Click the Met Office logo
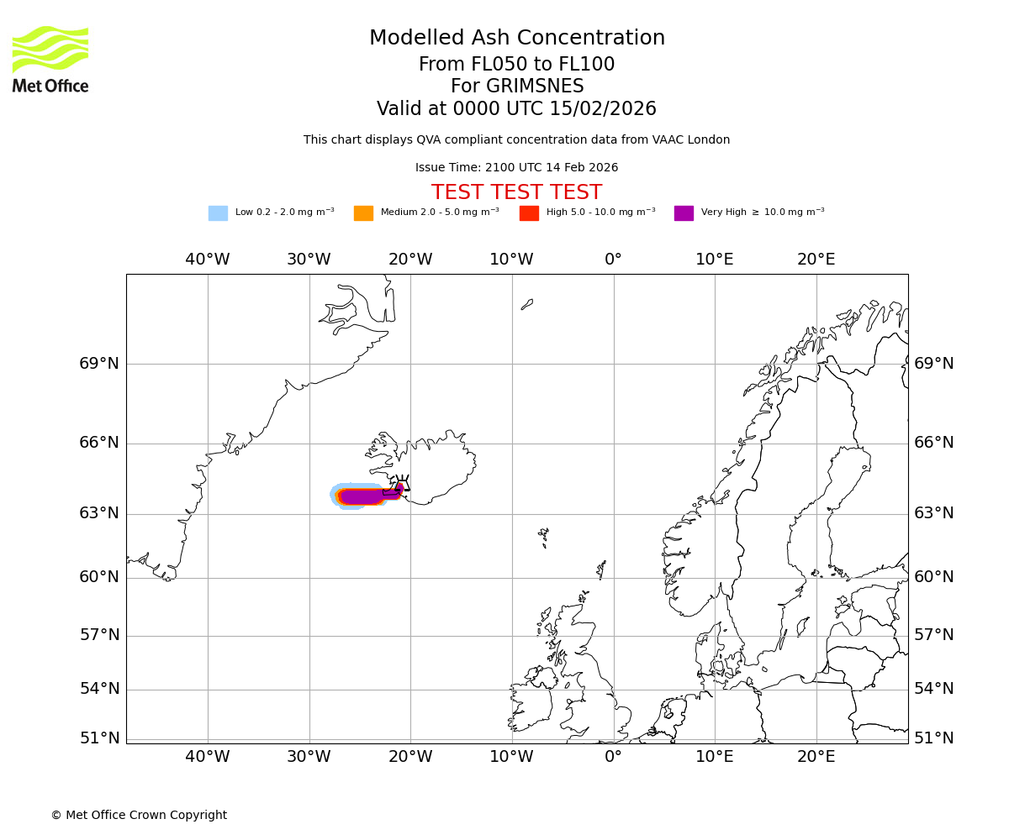[50, 59]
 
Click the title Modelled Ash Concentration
[517, 38]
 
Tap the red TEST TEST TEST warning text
[516, 192]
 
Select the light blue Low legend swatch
[218, 213]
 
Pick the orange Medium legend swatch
[363, 213]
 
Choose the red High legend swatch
[529, 213]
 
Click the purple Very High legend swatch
[684, 213]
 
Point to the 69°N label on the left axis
[99, 364]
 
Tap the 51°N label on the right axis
[934, 738]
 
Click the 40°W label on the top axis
[208, 260]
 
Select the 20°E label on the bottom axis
[816, 757]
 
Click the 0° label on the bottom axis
[614, 757]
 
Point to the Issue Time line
[516, 168]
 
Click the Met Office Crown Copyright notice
[139, 816]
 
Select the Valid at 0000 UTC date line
[516, 109]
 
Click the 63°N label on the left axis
[99, 513]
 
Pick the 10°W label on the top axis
[512, 260]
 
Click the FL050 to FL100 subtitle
[517, 65]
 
